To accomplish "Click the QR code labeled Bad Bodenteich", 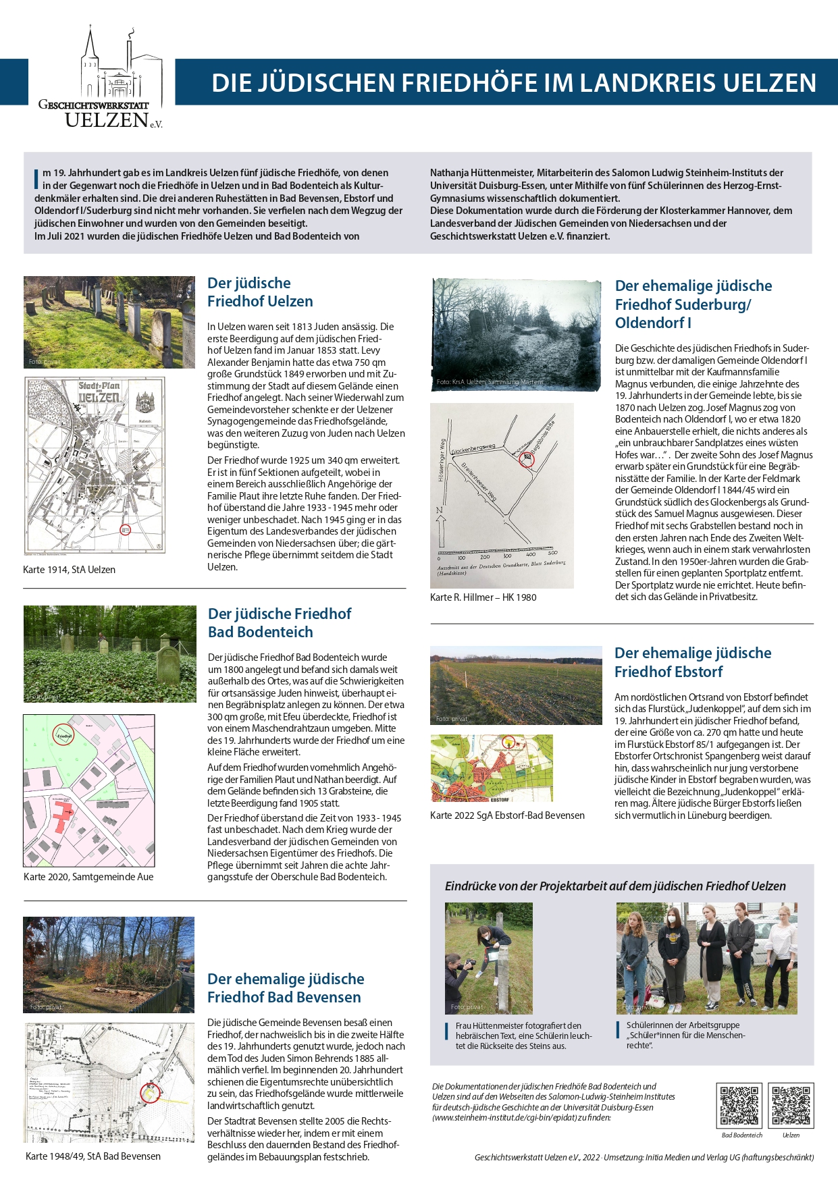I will (x=739, y=1105).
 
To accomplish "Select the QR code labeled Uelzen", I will (x=791, y=1105).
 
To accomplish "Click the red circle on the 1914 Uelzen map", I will (x=125, y=530).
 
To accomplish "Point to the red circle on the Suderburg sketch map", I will (x=527, y=459).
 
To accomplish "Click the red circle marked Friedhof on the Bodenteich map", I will (x=63, y=735).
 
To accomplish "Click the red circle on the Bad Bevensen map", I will (x=149, y=1093).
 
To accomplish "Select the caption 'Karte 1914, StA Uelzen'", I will (x=69, y=570).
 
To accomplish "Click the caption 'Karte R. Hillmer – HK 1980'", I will (x=483, y=597).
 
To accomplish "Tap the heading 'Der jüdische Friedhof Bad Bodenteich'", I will (x=279, y=622).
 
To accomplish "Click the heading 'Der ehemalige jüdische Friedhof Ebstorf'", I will (x=692, y=662).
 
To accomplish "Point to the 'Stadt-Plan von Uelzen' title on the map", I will (x=99, y=392).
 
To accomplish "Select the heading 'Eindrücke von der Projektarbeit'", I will (x=614, y=886).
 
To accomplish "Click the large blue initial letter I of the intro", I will (x=36, y=179).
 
